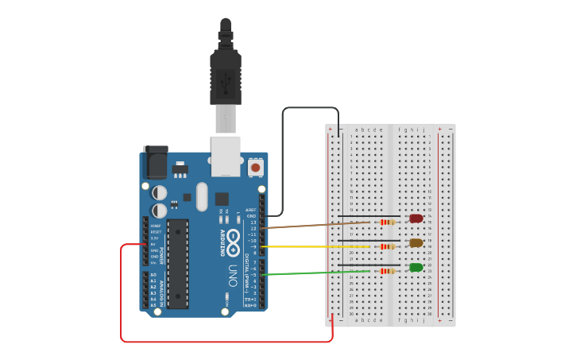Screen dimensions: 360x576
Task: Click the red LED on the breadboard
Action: (x=416, y=219)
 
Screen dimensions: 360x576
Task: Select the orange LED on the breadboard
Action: (x=416, y=243)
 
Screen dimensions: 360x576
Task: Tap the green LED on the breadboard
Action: (x=416, y=268)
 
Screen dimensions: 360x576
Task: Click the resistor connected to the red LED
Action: (x=387, y=223)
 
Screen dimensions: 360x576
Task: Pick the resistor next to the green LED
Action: (x=387, y=271)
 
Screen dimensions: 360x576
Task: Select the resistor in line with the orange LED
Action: (x=387, y=246)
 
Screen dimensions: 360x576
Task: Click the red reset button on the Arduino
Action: (x=255, y=168)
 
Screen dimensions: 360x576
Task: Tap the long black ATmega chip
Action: (x=178, y=263)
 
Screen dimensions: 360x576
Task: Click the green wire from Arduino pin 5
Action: (x=318, y=273)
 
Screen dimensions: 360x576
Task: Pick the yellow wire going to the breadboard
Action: (x=318, y=246)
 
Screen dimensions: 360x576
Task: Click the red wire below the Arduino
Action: (x=222, y=342)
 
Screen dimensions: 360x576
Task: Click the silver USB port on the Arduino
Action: (x=226, y=155)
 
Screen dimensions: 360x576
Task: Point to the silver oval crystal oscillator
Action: (x=201, y=196)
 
